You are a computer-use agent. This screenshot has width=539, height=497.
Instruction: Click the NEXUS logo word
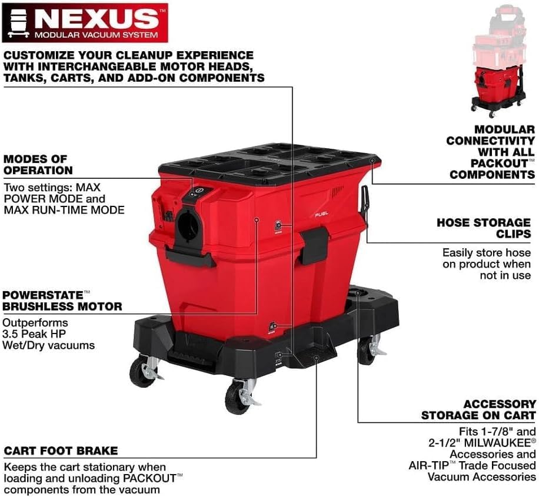click(98, 18)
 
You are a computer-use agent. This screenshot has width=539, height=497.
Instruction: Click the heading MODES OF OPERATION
click(38, 165)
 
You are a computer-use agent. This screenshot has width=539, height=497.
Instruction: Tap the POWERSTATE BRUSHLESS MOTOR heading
click(62, 300)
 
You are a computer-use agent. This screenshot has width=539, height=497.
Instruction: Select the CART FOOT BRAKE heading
click(61, 451)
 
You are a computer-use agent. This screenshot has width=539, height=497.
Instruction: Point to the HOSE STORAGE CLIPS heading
click(483, 229)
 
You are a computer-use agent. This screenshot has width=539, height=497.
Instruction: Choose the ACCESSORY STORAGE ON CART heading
click(478, 410)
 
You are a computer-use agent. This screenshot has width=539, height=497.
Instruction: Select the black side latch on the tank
click(313, 245)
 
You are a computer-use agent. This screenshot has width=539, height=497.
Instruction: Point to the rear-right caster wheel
click(367, 351)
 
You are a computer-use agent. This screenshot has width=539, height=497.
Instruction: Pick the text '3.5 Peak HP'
click(35, 334)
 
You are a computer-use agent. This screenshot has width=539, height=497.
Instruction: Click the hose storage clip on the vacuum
click(365, 202)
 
